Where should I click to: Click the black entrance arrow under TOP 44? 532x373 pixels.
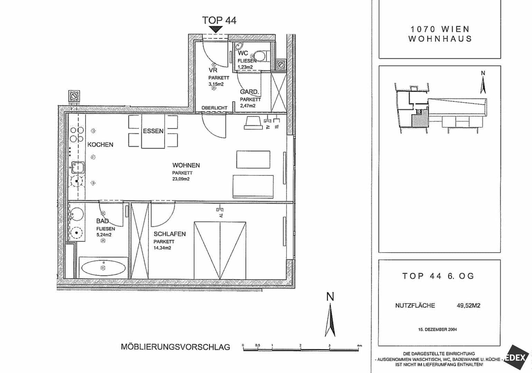(x=216, y=29)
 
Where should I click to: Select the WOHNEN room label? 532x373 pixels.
(x=186, y=165)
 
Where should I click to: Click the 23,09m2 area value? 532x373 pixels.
(x=181, y=179)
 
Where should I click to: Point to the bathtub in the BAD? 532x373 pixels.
(x=103, y=268)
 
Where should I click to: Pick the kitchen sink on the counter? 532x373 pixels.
(x=78, y=167)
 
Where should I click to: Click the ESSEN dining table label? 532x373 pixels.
(x=153, y=131)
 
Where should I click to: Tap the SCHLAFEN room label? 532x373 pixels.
(x=170, y=234)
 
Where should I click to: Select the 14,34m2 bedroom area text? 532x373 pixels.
(x=162, y=248)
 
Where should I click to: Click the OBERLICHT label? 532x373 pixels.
(x=215, y=108)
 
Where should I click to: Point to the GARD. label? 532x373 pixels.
(x=249, y=92)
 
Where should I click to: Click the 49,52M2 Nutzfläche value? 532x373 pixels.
(x=468, y=306)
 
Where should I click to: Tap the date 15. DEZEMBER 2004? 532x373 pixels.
(x=437, y=329)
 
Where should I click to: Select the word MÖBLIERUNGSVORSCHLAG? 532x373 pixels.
(x=175, y=347)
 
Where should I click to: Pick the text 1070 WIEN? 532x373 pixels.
(x=440, y=29)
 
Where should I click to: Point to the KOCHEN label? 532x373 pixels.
(x=100, y=145)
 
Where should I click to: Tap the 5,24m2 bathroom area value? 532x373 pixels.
(x=104, y=235)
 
